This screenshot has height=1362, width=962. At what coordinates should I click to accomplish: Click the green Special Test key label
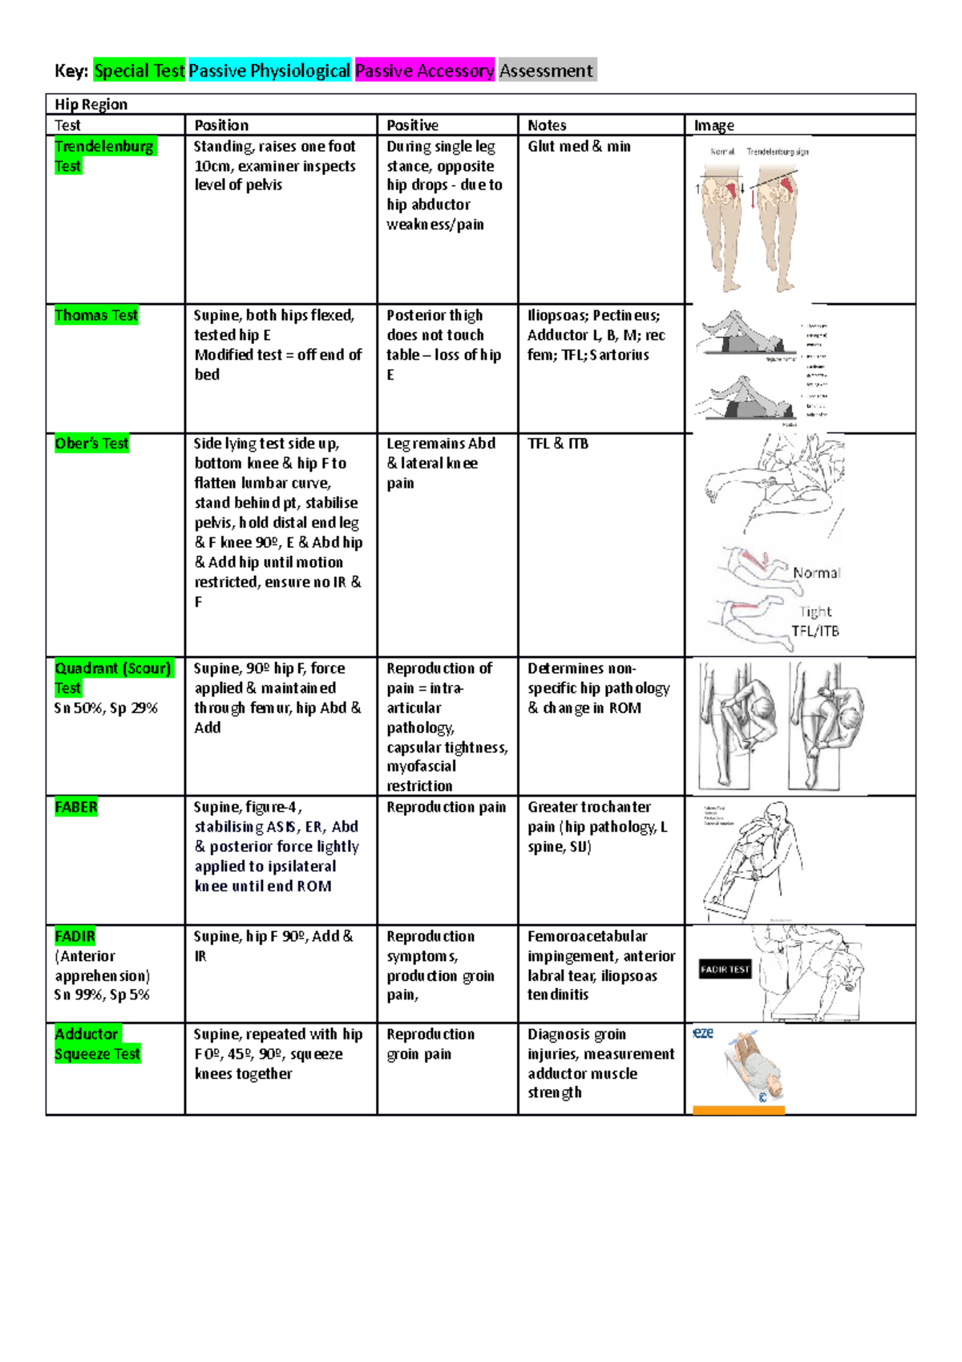tap(139, 71)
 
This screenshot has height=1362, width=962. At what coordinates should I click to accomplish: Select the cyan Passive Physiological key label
tap(269, 71)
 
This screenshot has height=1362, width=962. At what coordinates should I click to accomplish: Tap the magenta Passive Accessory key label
tap(424, 71)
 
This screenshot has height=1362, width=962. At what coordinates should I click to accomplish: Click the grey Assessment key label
tap(546, 71)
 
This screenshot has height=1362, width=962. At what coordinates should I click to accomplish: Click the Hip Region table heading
tap(91, 104)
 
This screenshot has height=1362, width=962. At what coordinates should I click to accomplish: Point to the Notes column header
tap(547, 125)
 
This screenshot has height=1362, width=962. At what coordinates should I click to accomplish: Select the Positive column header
tap(412, 125)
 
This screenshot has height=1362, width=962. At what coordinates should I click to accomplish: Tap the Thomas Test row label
tap(96, 315)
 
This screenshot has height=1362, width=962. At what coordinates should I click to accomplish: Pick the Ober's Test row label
tap(91, 444)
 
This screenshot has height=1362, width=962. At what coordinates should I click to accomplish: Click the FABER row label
tap(76, 807)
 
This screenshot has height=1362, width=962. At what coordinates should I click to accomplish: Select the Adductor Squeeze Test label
tap(97, 1044)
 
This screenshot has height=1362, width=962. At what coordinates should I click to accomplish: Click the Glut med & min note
tap(579, 146)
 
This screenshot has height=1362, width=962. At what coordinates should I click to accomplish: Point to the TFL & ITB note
tap(557, 444)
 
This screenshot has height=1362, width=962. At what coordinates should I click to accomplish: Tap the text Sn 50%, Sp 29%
tap(106, 708)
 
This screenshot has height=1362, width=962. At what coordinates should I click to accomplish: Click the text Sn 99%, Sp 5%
tap(102, 995)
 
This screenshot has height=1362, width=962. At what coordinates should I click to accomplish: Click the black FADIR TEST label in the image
tap(725, 969)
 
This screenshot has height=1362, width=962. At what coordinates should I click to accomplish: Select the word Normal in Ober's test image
tap(816, 573)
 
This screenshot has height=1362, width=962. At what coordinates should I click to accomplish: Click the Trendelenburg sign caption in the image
tap(777, 151)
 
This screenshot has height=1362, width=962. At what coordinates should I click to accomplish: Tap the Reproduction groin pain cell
tap(430, 1044)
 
